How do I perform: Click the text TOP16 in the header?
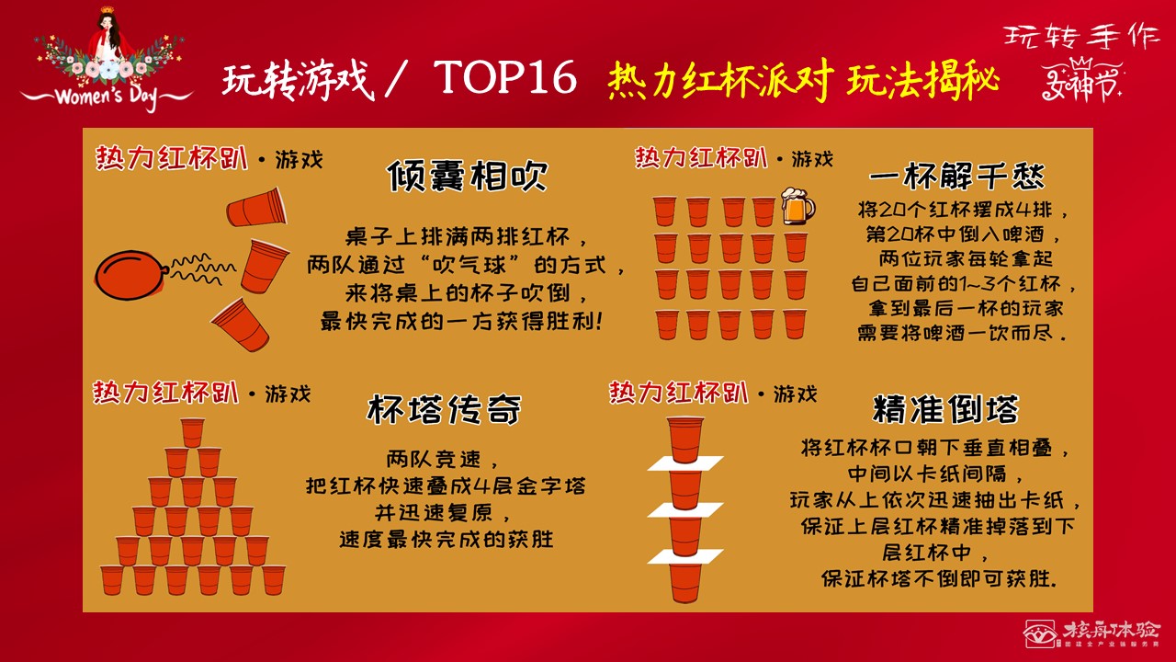click(x=504, y=79)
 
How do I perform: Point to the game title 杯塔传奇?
click(x=445, y=409)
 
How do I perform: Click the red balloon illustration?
click(x=131, y=273)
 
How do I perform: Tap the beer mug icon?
click(x=797, y=206)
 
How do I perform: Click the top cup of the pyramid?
click(x=192, y=432)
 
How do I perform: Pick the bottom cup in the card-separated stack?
click(x=684, y=582)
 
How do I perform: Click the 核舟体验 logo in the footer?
click(x=1093, y=633)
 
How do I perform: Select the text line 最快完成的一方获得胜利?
click(x=460, y=322)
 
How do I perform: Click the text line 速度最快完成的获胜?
click(x=447, y=539)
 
